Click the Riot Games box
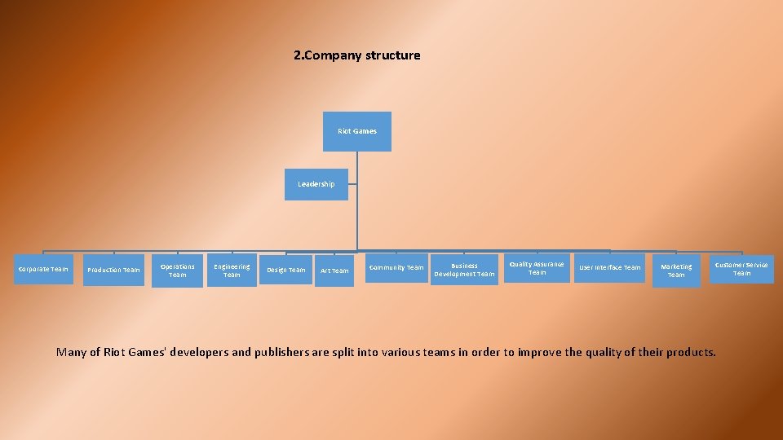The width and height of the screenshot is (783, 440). tap(357, 131)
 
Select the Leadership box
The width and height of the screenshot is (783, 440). tap(316, 184)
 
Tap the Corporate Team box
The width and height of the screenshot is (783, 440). tap(44, 269)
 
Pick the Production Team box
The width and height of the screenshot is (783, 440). tap(113, 270)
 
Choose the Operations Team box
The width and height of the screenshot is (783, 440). tap(178, 271)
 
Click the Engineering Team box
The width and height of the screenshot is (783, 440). tap(232, 271)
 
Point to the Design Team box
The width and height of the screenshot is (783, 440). tap(286, 270)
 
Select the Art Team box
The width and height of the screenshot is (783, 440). tap(334, 271)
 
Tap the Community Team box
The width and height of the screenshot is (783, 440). tap(396, 267)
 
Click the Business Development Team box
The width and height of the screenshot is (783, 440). tap(464, 270)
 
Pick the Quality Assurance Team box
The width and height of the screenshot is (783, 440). tap(537, 268)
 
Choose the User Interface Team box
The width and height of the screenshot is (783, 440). tap(610, 267)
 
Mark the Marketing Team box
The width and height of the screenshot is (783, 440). tap(676, 271)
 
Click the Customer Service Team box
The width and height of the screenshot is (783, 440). tap(741, 269)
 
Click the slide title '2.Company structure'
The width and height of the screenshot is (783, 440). tap(357, 55)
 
